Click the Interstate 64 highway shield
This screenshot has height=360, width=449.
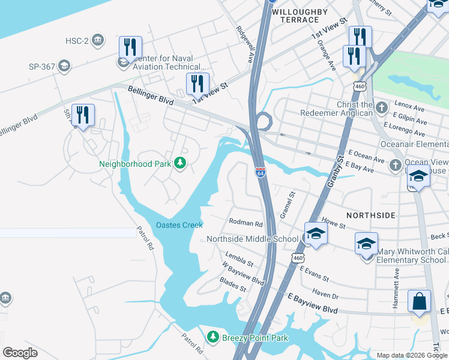click(260, 173)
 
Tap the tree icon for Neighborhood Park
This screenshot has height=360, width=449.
click(179, 163)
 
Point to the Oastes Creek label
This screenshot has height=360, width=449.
click(179, 225)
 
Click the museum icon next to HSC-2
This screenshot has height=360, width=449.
click(98, 41)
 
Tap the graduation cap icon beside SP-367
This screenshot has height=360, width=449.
click(64, 65)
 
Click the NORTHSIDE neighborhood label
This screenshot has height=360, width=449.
click(371, 215)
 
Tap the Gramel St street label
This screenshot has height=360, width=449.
click(288, 205)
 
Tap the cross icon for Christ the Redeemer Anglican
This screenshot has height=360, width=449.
click(381, 107)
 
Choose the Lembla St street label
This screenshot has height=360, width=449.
click(239, 259)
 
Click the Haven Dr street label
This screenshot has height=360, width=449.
click(325, 295)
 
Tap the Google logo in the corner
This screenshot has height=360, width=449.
click(20, 352)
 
